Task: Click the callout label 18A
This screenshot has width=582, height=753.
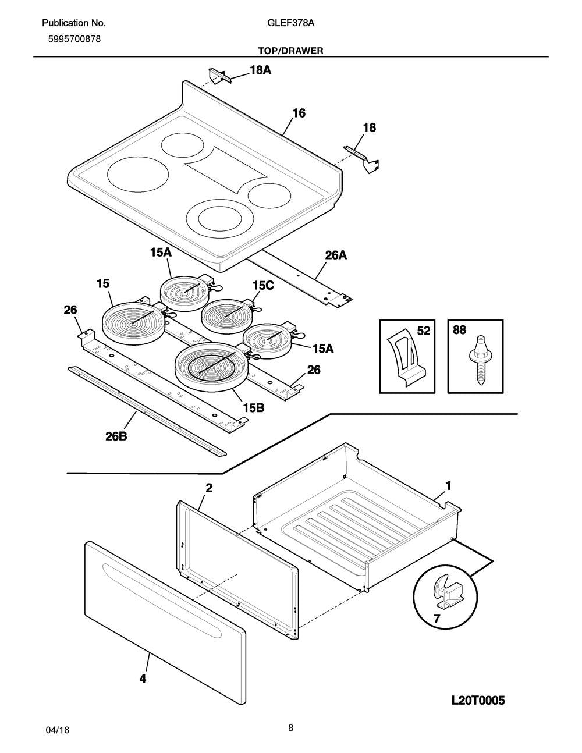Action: pos(260,70)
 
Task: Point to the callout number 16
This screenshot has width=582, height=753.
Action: pos(298,113)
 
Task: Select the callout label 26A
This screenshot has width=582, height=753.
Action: pos(335,255)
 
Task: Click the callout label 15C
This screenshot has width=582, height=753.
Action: pos(263,285)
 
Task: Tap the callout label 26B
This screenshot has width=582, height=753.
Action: pos(116,436)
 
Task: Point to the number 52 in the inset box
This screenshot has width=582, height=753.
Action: pos(423,331)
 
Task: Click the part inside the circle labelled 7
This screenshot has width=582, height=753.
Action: pos(446,590)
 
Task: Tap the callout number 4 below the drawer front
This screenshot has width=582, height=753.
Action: pos(143,678)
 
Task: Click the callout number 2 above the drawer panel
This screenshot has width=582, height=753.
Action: pos(208,488)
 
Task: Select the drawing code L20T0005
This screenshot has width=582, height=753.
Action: pos(477,700)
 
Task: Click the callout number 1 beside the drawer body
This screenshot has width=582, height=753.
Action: pos(448,485)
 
